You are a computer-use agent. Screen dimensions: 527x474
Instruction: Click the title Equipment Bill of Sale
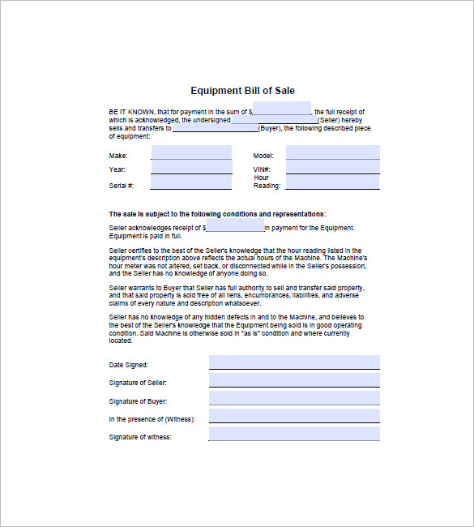(237, 91)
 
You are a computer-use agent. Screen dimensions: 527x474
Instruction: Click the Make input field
(191, 153)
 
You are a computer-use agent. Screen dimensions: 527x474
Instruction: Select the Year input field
(191, 168)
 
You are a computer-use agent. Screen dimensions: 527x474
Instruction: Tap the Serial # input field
(191, 182)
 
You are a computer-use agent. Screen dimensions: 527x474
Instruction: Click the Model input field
(332, 153)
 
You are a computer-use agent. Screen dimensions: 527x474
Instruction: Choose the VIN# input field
(332, 168)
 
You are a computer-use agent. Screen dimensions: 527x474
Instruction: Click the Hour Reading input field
(332, 182)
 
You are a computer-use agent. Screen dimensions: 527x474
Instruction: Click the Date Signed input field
(294, 362)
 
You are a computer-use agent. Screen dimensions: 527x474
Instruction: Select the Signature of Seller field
(294, 380)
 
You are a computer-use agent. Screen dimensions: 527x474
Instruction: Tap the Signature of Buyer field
(294, 398)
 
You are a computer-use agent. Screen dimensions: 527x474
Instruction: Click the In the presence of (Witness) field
(294, 416)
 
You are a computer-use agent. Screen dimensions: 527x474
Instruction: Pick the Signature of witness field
(294, 434)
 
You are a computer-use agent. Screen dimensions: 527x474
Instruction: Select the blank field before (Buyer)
(215, 128)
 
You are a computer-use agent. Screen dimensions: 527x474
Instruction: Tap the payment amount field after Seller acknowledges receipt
(235, 227)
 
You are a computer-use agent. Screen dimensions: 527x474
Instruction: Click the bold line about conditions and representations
(217, 213)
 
